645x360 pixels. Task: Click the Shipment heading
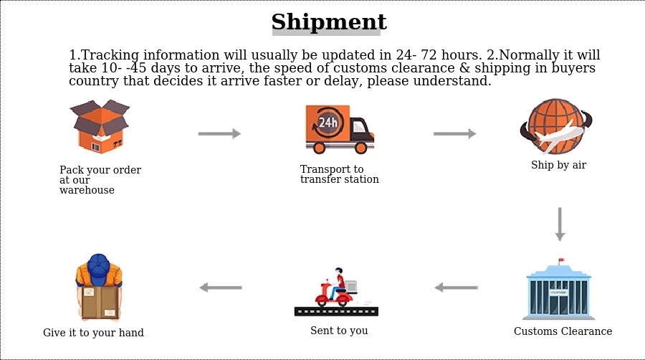point(329,22)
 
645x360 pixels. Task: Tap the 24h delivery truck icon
point(339,129)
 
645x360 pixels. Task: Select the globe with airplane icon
point(557,127)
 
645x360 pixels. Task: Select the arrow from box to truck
point(219,133)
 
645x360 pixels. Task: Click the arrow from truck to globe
point(454,133)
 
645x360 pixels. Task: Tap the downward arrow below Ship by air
point(560,224)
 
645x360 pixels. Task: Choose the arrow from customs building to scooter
point(456,288)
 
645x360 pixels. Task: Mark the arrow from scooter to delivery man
point(220,288)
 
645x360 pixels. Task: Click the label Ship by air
point(558,165)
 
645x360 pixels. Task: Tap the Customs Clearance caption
point(563,331)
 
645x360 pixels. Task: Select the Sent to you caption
point(339,331)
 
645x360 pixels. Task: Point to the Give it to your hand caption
point(93,333)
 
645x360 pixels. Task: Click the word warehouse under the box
point(87,190)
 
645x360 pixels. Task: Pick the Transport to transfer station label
point(339,174)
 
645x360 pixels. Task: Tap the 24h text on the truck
point(328,123)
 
